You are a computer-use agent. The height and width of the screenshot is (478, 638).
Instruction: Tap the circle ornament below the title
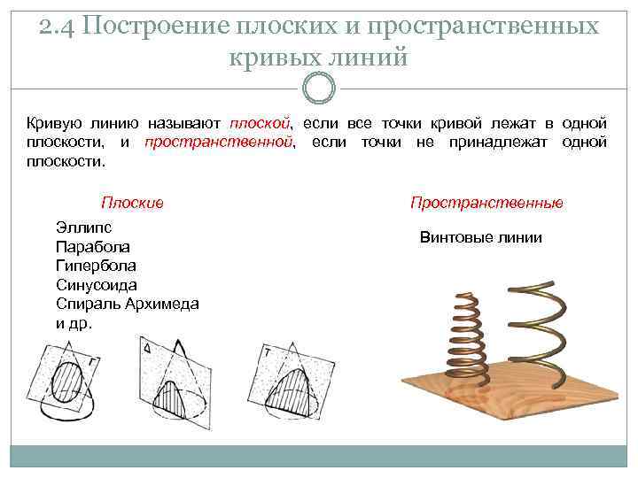(318, 87)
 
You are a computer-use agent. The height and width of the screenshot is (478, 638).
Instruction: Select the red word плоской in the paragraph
(261, 122)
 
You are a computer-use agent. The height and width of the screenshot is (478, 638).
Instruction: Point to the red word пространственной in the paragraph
(218, 142)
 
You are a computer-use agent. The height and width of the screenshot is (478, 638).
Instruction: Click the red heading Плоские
(132, 203)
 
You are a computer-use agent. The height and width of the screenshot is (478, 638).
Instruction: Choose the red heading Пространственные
(486, 203)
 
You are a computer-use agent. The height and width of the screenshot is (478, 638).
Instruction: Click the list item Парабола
(92, 246)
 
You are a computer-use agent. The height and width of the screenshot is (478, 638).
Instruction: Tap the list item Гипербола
(96, 266)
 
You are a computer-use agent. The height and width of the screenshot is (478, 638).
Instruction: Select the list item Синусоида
(96, 285)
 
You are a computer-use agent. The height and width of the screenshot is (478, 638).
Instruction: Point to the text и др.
(74, 323)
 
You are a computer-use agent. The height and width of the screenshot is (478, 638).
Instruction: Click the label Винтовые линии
(480, 238)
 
